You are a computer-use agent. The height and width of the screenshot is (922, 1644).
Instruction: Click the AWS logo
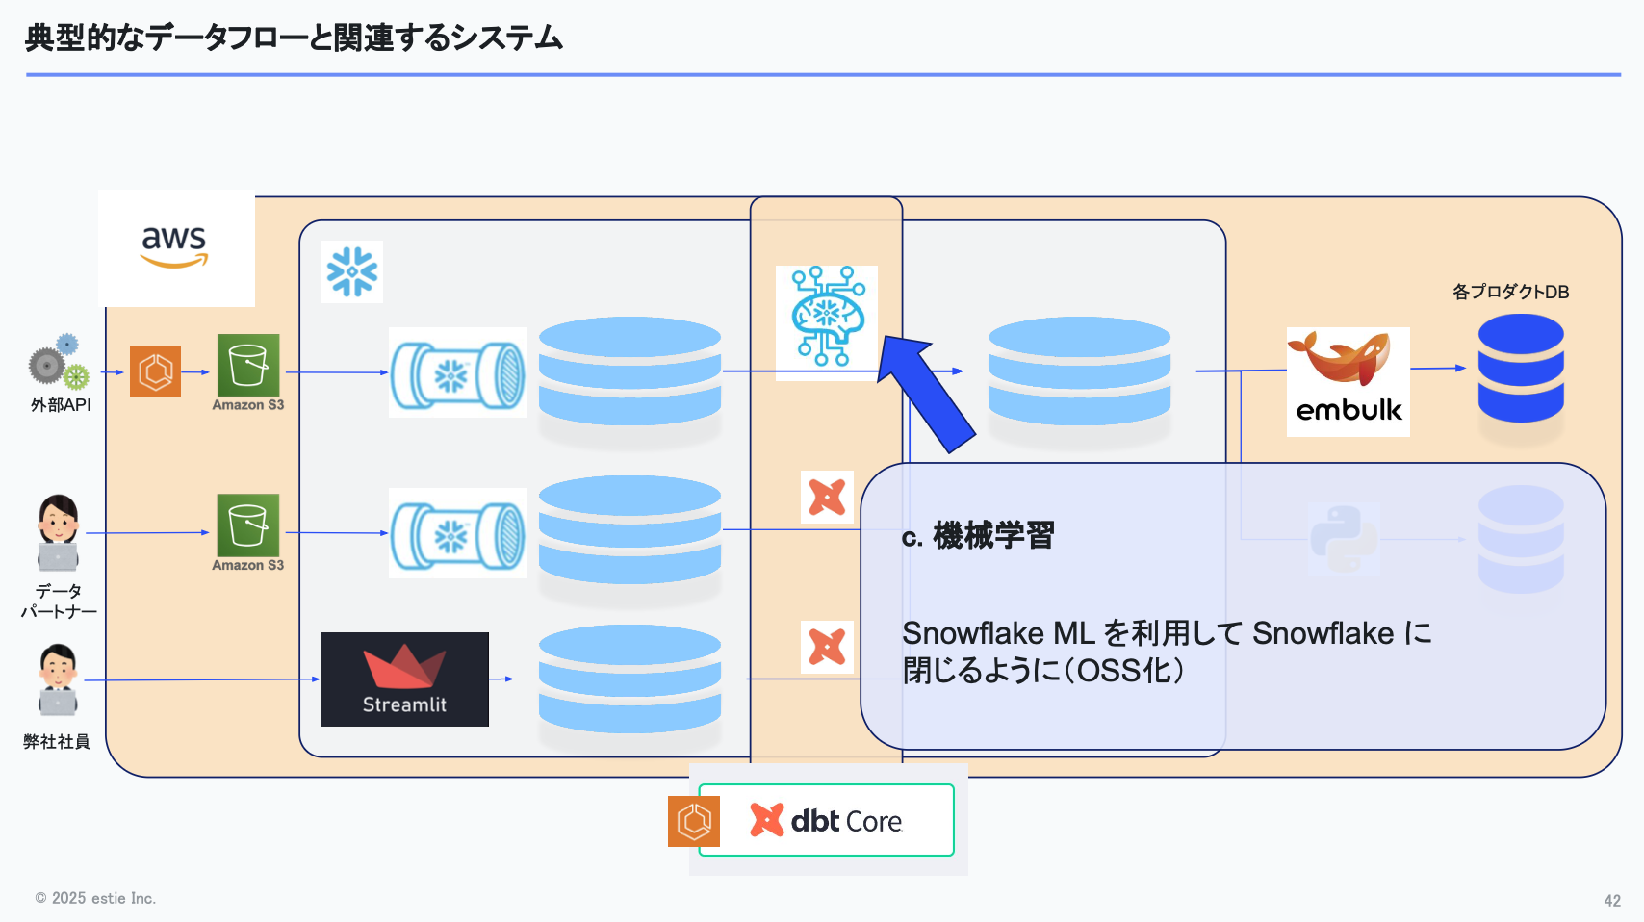point(175,247)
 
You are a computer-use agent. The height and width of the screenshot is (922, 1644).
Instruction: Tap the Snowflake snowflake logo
point(351,271)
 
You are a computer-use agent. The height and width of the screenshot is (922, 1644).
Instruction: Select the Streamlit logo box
point(404,679)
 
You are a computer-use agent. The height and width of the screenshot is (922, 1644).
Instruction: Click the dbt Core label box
point(826,820)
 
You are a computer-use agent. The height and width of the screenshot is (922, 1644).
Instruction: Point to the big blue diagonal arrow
point(926,391)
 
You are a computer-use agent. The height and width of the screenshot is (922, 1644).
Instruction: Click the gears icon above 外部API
point(58,363)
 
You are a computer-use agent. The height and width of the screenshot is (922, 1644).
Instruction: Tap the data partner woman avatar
point(58,532)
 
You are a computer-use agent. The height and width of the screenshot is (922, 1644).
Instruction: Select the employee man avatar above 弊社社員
point(58,680)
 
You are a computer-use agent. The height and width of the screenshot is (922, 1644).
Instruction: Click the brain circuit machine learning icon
point(827,318)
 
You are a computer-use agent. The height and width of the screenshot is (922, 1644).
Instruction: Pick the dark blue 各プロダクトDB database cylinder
point(1521,369)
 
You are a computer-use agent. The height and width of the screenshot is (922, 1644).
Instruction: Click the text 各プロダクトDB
point(1510,292)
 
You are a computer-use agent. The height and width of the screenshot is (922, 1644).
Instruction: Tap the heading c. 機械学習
point(978,535)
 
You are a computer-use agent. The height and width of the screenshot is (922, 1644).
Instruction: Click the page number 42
point(1612,901)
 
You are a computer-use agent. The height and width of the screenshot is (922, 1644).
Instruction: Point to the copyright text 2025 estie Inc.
point(96,898)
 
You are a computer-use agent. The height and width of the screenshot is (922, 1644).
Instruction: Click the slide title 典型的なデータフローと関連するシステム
point(294,38)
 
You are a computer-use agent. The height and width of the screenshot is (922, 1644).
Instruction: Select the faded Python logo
point(1344,538)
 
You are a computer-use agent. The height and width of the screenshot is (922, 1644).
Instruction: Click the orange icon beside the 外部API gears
point(155,371)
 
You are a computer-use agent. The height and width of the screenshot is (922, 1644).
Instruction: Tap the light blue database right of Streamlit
point(629,679)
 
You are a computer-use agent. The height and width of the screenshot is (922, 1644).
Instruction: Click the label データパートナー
point(59,601)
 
